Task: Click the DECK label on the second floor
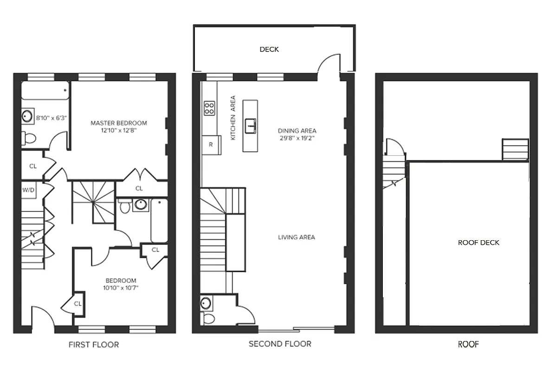click(269, 49)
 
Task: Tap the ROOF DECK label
click(478, 243)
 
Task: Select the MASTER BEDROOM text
click(118, 123)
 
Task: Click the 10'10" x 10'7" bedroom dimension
click(121, 288)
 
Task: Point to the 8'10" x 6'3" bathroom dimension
click(52, 118)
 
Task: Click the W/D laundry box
click(29, 190)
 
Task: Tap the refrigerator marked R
click(211, 144)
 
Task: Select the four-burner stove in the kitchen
click(209, 108)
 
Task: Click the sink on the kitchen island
click(251, 124)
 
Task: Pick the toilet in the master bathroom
click(29, 138)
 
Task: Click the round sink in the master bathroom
click(27, 115)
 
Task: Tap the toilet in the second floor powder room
click(208, 319)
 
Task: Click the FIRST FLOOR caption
click(93, 345)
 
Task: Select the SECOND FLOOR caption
click(280, 344)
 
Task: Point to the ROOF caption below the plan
click(468, 344)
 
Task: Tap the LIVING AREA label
click(296, 237)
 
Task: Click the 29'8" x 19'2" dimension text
click(297, 138)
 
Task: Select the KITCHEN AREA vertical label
click(233, 118)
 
